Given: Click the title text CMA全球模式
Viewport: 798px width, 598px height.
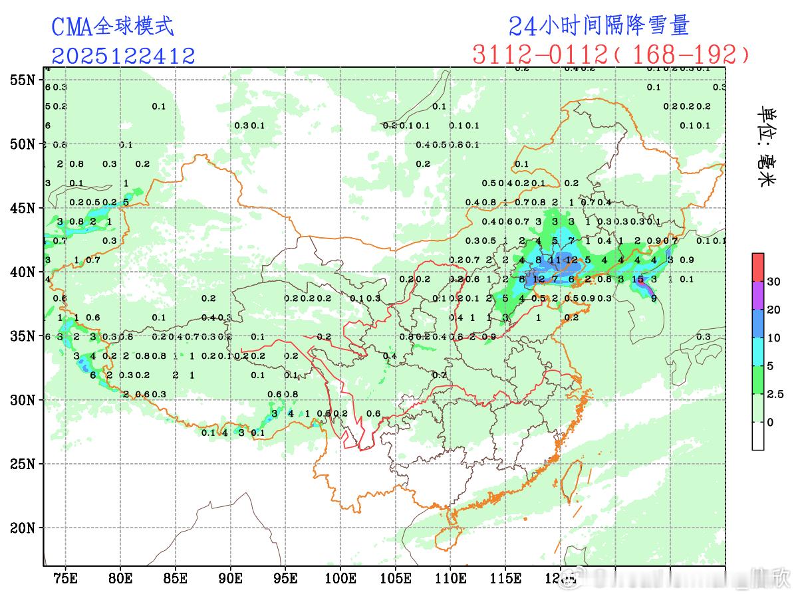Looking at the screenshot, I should coord(112,27).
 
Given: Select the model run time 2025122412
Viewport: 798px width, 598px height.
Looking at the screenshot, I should coord(124,56).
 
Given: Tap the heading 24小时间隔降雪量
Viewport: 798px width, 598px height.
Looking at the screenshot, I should coord(598,25).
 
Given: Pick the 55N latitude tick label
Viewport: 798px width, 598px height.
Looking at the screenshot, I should coord(22,80).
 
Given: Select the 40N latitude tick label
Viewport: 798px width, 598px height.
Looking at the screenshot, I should coord(22,272).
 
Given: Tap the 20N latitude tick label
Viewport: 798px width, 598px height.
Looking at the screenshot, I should coord(22,528).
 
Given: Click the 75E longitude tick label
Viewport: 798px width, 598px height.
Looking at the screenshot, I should coord(65,578).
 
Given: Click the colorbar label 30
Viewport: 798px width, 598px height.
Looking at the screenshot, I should coord(773,282).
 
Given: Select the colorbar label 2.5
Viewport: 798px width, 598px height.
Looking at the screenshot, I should coord(775,394).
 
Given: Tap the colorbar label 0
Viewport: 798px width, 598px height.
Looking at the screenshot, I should coord(770,422).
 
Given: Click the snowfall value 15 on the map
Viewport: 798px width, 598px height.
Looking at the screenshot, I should coord(638,280).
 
